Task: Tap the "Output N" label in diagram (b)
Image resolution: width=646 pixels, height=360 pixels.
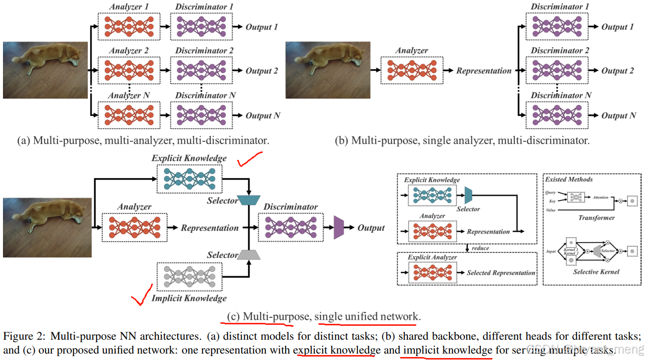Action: pyautogui.click(x=618, y=115)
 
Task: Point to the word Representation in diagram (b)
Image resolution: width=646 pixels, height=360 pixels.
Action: pyautogui.click(x=484, y=71)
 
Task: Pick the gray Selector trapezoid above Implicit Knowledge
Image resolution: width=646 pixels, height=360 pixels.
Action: pyautogui.click(x=248, y=255)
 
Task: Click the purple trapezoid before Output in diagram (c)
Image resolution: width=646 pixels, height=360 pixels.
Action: pyautogui.click(x=339, y=228)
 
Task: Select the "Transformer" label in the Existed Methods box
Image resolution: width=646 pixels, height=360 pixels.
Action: pyautogui.click(x=596, y=217)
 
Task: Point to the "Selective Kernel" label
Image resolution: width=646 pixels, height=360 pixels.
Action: pyautogui.click(x=596, y=272)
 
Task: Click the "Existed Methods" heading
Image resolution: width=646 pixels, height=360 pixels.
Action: pyautogui.click(x=569, y=179)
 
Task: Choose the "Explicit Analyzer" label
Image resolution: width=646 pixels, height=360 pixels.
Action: pyautogui.click(x=432, y=257)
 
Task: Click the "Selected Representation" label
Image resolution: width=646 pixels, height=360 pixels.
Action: pyautogui.click(x=501, y=273)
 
